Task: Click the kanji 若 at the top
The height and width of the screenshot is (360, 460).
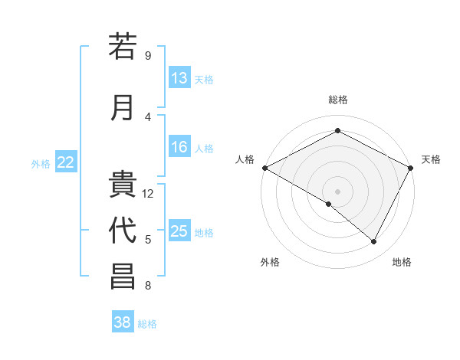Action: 123,47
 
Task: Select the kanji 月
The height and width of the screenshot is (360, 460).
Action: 123,107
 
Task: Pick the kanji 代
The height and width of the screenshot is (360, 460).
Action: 123,231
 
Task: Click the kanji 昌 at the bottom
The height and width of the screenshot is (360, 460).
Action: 123,277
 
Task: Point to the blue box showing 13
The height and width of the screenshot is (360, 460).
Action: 179,78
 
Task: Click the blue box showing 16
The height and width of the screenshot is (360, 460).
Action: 179,148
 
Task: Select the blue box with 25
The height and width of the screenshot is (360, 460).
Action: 179,231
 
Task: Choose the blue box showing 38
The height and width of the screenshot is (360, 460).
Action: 123,322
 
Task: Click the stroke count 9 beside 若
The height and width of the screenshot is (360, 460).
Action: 147,56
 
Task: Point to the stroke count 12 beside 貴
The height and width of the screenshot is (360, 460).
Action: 149,194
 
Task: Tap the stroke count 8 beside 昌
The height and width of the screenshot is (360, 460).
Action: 147,286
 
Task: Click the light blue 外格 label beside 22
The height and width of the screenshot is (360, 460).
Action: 41,163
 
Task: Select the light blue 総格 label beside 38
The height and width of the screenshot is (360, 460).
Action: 147,323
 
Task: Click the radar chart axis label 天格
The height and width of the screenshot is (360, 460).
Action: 431,159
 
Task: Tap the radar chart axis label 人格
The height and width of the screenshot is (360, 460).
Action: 245,159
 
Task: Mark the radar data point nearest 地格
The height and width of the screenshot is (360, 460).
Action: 374,242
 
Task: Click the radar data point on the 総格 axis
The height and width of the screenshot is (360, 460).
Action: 337,131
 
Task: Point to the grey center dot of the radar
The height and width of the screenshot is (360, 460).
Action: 337,191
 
